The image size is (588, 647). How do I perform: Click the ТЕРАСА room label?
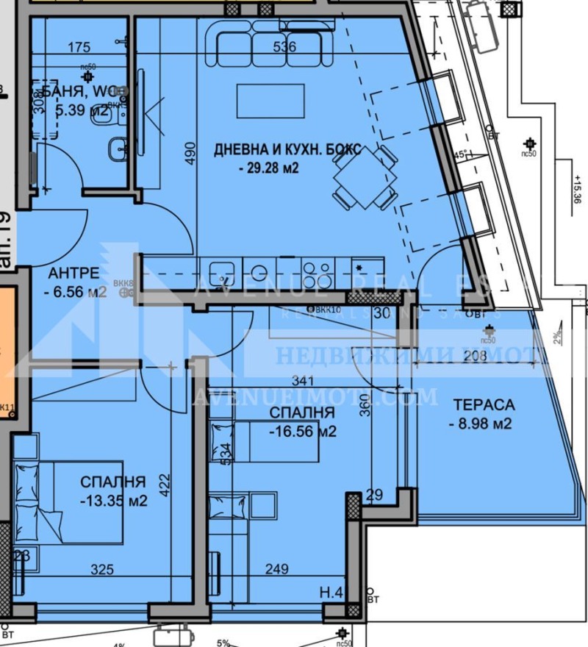point(484,404)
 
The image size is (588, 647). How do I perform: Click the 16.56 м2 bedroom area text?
point(302,432)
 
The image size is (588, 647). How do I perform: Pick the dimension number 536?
point(284,47)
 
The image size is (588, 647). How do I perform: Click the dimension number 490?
point(190,152)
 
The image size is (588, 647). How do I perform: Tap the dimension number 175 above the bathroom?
point(79,48)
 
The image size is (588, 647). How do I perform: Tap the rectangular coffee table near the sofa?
point(270,100)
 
